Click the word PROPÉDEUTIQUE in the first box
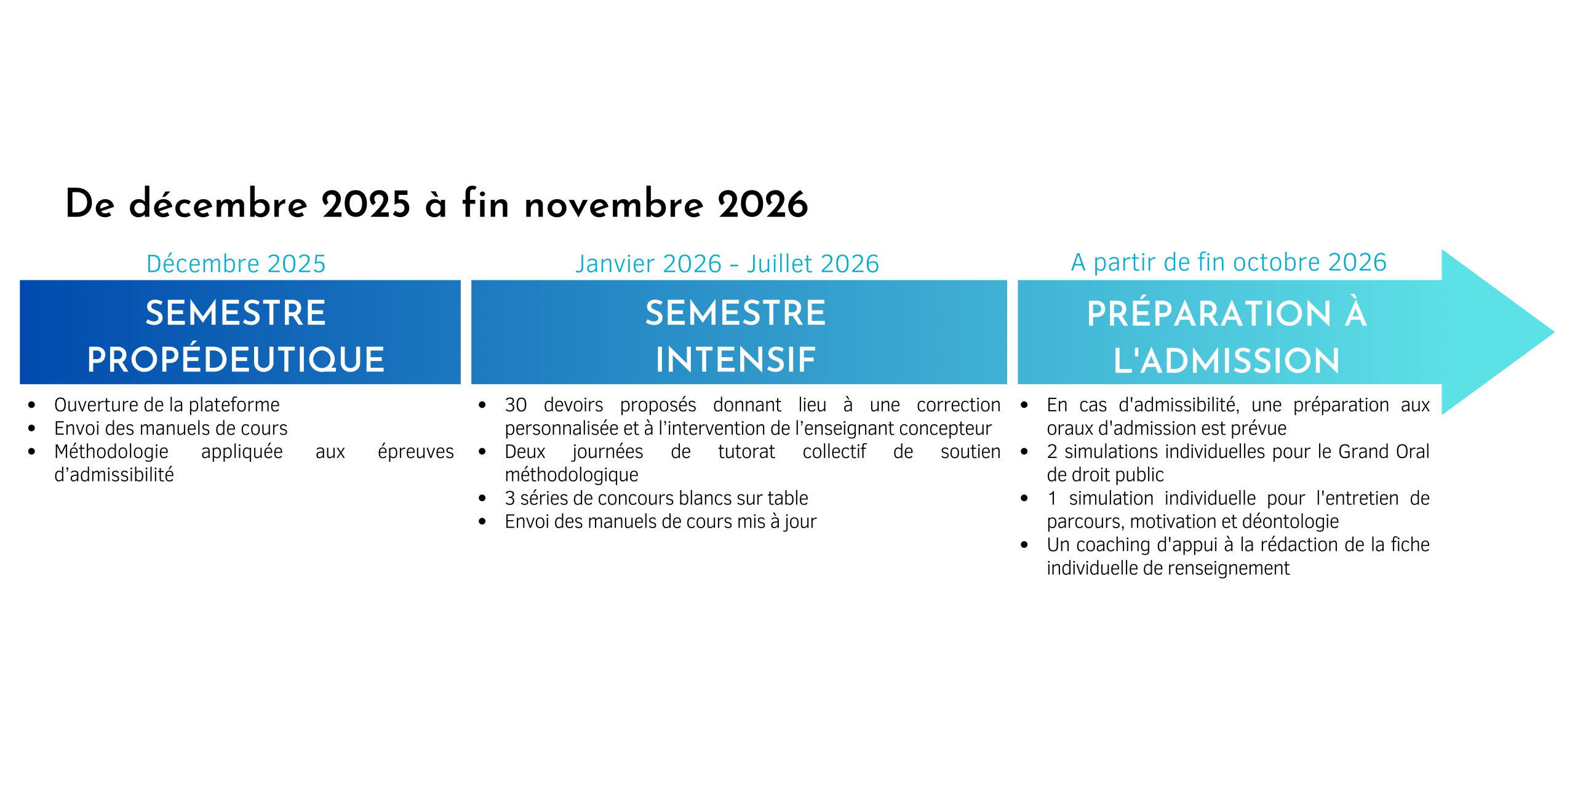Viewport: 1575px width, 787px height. [x=236, y=360]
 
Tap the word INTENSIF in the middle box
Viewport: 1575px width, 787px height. [x=736, y=360]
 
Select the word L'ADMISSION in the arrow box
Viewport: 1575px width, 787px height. [x=1226, y=361]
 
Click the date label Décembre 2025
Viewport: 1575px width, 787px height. [x=236, y=264]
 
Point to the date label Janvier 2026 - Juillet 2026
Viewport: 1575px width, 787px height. [x=727, y=264]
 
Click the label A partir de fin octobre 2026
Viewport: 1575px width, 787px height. [x=1229, y=263]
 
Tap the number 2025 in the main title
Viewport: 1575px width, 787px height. [x=365, y=204]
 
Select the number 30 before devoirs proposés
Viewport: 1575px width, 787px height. [x=516, y=405]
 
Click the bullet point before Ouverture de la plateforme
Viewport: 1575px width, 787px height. [x=32, y=405]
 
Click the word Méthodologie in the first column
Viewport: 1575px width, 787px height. [x=111, y=452]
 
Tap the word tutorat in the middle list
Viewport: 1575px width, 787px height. [x=746, y=452]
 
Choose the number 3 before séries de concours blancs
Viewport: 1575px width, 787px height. [x=509, y=498]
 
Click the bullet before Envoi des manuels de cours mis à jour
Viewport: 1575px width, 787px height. [x=482, y=522]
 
